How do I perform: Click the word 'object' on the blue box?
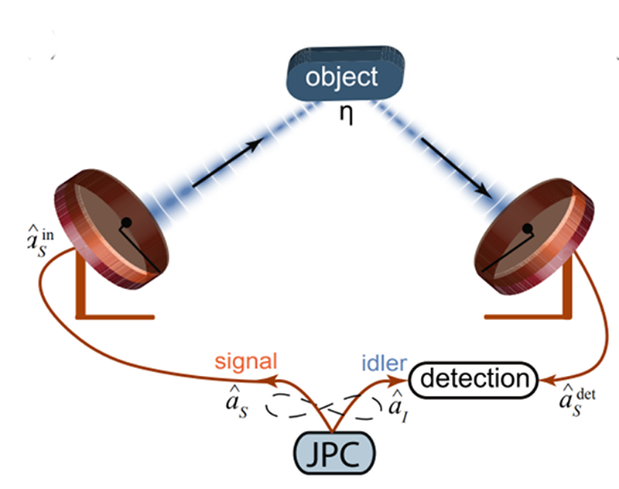342,77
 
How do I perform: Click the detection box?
473,379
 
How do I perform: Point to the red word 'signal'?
246,361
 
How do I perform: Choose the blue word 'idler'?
379,361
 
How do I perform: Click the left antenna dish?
112,224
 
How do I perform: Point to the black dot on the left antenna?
125,222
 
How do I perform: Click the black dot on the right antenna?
528,229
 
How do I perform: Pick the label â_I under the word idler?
395,404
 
